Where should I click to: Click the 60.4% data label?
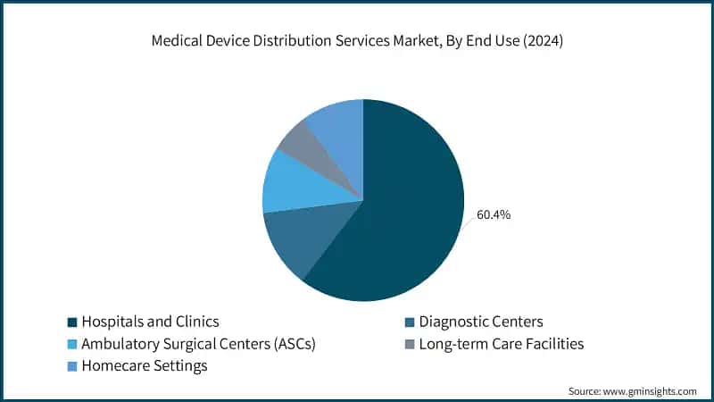(x=494, y=214)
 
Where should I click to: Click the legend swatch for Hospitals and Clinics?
(x=71, y=322)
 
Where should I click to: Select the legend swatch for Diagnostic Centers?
(x=409, y=322)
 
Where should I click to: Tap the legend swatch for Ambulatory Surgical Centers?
(x=71, y=344)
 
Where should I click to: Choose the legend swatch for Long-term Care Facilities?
(x=409, y=344)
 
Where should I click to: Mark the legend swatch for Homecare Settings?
(x=71, y=365)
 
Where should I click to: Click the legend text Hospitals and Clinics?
(x=150, y=322)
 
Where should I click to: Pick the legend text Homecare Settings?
(x=144, y=365)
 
